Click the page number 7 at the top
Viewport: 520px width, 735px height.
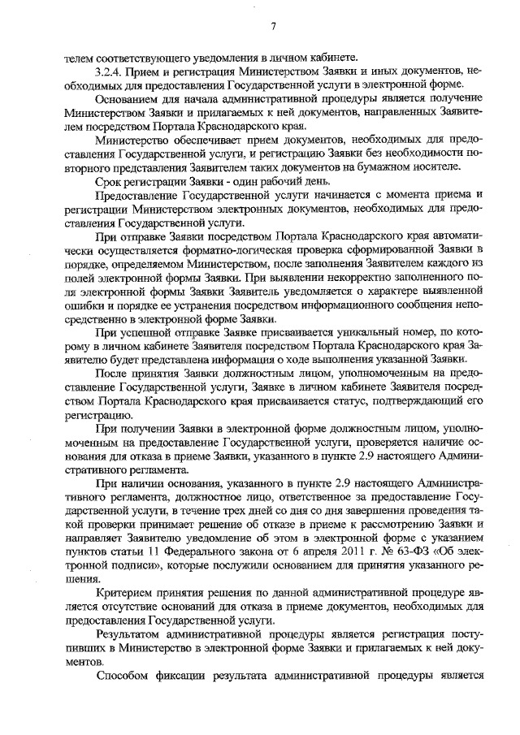click(x=274, y=27)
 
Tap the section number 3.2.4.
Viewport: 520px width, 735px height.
click(x=110, y=71)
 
